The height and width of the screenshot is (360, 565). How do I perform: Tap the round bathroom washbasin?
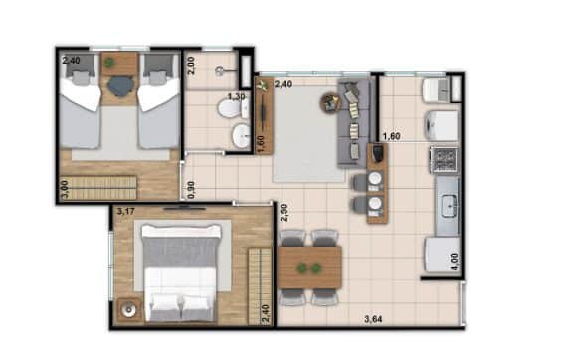pos(241,136)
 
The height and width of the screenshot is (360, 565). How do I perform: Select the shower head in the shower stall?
pos(220,71)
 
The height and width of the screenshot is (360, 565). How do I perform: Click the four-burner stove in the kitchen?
pos(444,160)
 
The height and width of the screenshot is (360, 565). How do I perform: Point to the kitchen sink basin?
pos(449,206)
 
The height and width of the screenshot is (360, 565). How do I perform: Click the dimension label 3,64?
pos(373,319)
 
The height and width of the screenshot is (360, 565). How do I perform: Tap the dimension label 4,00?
pos(455,262)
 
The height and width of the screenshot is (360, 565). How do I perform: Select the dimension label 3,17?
pos(125,212)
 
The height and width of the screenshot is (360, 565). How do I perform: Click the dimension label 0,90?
pos(191,190)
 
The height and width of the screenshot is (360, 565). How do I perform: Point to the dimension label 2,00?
pos(191,66)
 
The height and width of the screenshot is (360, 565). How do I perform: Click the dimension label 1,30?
pos(237,96)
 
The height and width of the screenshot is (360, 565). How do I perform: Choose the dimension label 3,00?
pos(65,190)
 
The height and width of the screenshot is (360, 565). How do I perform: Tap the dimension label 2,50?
pos(284,213)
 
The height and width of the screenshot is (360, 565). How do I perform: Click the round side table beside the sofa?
pos(330,102)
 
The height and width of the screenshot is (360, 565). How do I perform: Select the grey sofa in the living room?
pos(353,123)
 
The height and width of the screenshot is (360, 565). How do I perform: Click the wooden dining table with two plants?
pos(310,268)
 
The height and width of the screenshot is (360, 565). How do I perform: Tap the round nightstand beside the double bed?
pos(128,309)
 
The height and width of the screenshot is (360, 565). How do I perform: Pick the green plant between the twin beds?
pos(108,63)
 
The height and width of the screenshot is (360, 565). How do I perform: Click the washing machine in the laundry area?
pos(442,125)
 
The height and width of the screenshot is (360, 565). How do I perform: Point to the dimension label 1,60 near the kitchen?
pos(391,136)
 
